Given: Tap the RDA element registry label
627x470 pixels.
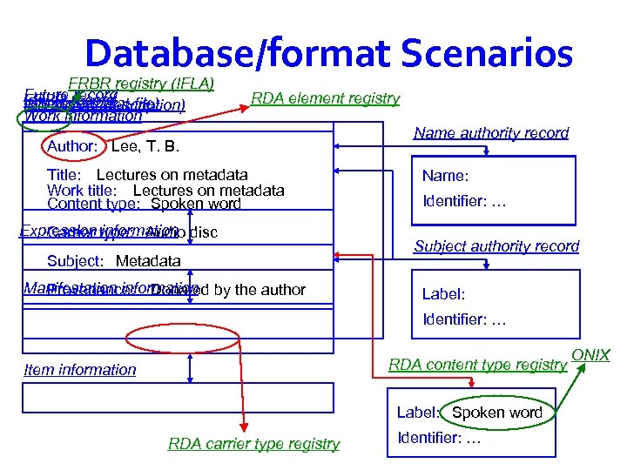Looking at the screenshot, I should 325,98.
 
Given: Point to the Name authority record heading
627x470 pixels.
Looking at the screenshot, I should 491,132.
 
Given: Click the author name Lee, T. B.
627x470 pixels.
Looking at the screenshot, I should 146,145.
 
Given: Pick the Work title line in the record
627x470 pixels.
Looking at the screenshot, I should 165,190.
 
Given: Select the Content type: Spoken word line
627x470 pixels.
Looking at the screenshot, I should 144,205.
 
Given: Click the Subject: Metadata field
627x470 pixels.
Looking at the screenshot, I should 113,260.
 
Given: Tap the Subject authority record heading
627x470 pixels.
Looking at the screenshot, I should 496,246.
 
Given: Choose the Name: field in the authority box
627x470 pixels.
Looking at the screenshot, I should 446,176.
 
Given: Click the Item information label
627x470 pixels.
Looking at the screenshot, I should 80,370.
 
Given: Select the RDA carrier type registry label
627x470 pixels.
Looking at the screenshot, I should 253,444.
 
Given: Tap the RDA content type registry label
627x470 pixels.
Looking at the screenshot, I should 477,364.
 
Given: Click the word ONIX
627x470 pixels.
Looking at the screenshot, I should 591,355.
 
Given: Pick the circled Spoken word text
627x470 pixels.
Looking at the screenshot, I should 496,413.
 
